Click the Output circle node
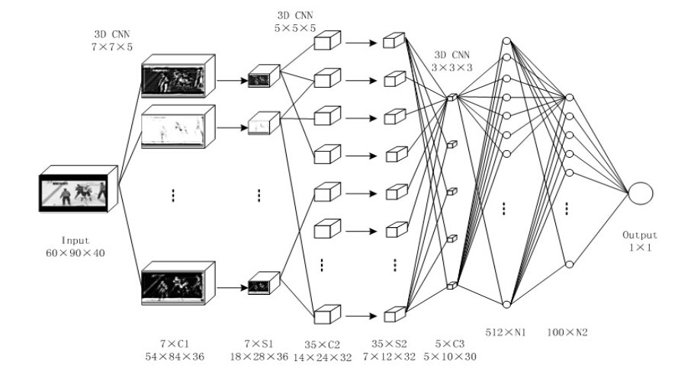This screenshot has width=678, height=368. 640,193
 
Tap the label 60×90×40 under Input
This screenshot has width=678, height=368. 75,252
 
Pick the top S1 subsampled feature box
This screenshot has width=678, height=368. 264,76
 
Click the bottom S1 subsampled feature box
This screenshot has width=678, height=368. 264,286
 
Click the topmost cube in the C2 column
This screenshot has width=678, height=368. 327,42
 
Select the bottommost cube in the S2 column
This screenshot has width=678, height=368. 394,312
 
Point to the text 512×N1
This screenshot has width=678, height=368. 503,332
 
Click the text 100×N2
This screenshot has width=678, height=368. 567,332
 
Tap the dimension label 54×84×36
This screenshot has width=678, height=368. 178,356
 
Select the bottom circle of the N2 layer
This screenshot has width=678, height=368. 567,264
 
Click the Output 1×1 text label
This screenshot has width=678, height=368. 640,242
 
